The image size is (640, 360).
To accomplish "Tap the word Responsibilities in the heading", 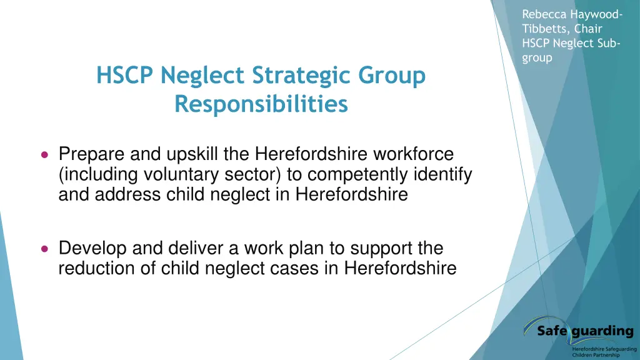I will pyautogui.click(x=261, y=104).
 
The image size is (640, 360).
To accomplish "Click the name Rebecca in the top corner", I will pyautogui.click(x=542, y=14).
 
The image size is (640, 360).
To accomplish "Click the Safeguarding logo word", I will pyautogui.click(x=584, y=331).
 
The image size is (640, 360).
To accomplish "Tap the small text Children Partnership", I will pyautogui.click(x=596, y=355).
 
